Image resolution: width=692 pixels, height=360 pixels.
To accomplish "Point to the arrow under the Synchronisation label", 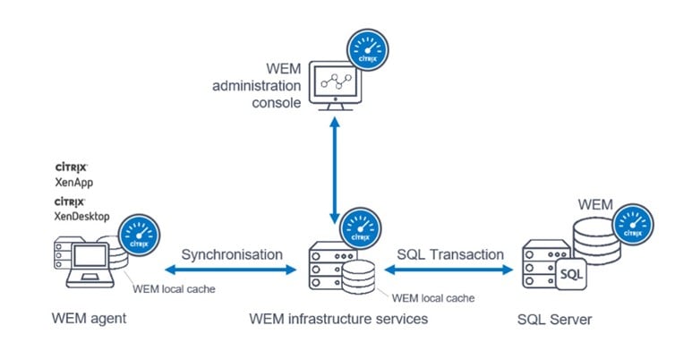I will coord(232,270).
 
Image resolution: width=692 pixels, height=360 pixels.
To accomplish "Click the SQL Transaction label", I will coord(450,254).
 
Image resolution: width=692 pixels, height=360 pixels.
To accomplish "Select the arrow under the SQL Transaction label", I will coord(450,270).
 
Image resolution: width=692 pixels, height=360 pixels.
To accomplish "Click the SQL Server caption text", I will coord(555,320).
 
